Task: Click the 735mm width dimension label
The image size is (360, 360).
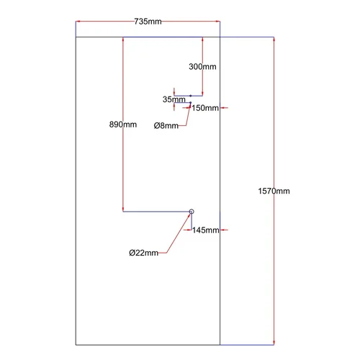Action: pos(148,22)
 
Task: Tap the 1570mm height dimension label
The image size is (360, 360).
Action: pos(274,191)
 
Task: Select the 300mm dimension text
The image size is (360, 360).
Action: pos(202,66)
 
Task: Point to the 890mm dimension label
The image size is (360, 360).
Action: pos(123,125)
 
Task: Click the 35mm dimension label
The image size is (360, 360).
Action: pos(174,99)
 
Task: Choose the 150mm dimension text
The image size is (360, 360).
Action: pos(205,108)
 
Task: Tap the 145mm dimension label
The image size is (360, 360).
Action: pos(206,230)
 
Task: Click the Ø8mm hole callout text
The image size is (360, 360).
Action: pos(166,125)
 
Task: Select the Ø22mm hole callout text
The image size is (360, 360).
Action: pos(143,253)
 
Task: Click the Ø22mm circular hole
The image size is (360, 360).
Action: pos(192,210)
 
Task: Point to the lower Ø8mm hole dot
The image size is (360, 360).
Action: pos(191,103)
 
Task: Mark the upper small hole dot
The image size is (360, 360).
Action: pos(191,96)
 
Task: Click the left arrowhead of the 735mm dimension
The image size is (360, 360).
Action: pos(78,22)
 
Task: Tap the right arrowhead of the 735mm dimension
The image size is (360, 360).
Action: pos(218,22)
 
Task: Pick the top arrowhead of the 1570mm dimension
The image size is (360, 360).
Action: pos(274,40)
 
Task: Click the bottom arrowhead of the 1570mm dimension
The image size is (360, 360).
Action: pos(274,343)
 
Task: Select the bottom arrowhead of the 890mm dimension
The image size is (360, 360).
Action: pos(123,210)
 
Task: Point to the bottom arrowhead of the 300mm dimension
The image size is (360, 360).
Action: pos(202,94)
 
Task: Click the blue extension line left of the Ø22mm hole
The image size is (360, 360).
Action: pos(156,212)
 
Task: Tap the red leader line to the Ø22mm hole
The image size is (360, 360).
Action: pos(179,233)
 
